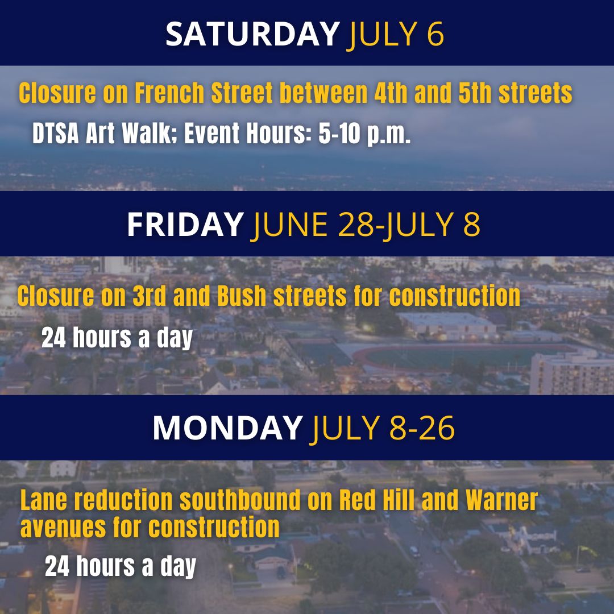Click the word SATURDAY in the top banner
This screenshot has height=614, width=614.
pos(252,35)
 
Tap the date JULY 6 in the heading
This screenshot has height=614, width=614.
pos(396,35)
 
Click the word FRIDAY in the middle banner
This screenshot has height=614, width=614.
pos(185,225)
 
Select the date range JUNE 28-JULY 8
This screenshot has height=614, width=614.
pos(366,225)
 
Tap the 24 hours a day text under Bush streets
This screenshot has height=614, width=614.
pos(117,338)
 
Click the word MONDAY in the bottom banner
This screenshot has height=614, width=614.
pos(227,428)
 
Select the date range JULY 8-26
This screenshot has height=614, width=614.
pos(382,428)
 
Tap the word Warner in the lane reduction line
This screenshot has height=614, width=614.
pos(501,501)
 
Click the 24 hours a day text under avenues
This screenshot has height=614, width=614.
pos(121,567)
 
